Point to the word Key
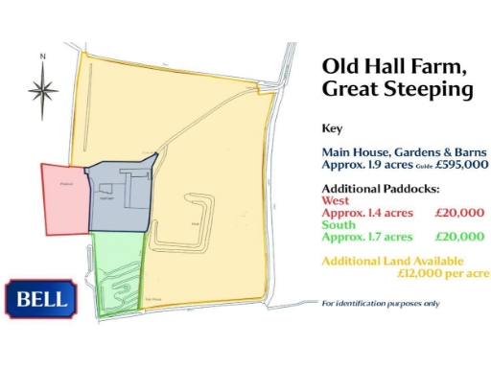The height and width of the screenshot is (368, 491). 332,127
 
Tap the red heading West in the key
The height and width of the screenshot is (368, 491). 335,200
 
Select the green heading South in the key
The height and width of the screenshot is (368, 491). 339,224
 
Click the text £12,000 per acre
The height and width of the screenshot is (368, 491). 443,273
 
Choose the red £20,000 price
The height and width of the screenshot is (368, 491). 459,213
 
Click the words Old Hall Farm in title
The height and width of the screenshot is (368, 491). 394,66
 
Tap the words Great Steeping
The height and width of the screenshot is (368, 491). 398,90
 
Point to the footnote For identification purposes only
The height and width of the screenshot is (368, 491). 381,304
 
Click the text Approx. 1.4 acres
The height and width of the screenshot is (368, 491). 367,213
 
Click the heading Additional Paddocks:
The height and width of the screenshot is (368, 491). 381,189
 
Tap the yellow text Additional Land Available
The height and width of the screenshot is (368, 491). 393,261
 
